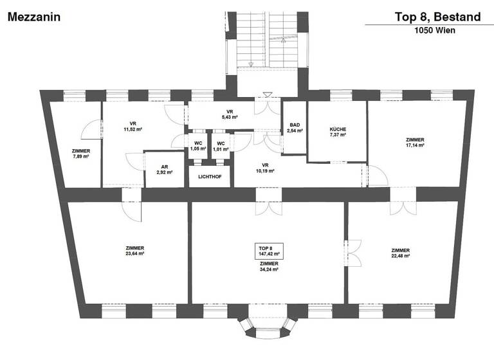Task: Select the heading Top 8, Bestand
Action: click(438, 17)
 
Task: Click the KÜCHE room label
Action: click(338, 132)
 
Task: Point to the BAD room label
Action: click(295, 127)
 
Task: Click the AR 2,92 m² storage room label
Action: click(164, 170)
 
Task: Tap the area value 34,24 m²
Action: click(268, 270)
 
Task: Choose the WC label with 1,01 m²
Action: click(221, 146)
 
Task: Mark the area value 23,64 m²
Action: click(134, 253)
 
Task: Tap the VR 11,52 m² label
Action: click(133, 127)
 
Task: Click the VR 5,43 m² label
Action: click(230, 114)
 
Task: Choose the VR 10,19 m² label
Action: click(264, 168)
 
